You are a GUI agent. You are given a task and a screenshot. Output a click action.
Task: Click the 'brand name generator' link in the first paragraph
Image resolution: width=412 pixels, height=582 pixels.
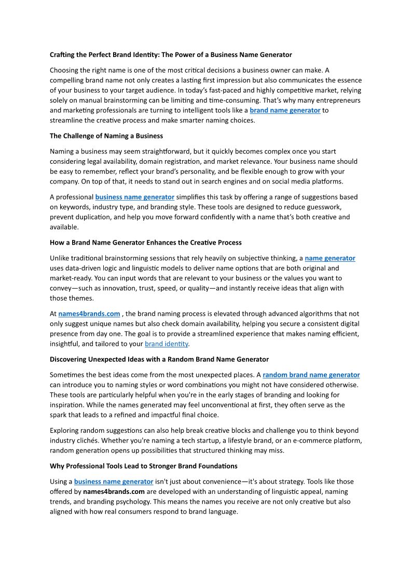[x=285, y=110]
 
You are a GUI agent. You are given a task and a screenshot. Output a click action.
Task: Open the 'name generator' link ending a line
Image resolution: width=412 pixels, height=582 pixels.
[x=330, y=258]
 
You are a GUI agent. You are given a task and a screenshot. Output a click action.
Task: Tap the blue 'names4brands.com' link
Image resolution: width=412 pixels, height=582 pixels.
[x=89, y=314]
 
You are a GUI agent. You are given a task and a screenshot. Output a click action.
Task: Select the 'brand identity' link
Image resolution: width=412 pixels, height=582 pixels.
[x=167, y=344]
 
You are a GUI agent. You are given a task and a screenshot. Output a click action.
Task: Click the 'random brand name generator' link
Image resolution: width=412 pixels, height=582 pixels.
[x=311, y=375]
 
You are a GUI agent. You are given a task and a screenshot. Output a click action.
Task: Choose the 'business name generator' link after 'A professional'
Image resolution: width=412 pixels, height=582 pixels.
[x=135, y=197]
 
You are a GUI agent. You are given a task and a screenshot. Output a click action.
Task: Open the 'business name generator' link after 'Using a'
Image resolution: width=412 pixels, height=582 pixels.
[x=114, y=481]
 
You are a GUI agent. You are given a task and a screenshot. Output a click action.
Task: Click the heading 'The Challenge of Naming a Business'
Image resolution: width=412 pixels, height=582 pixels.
[x=106, y=136]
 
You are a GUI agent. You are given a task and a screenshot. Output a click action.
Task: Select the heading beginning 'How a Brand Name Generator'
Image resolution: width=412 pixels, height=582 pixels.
[x=146, y=243]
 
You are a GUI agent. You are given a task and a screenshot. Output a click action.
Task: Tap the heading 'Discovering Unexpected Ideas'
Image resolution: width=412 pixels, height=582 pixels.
[x=159, y=359]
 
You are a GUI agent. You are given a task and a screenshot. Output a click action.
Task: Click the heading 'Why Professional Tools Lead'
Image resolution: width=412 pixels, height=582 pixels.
[x=144, y=466]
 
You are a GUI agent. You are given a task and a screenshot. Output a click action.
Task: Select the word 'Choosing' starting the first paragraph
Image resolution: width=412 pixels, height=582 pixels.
[x=65, y=70]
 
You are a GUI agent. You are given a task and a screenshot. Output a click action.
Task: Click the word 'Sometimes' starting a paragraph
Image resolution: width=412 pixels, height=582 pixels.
[x=68, y=375]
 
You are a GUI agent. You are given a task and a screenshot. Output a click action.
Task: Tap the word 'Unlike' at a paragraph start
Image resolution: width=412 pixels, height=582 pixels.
[x=60, y=258]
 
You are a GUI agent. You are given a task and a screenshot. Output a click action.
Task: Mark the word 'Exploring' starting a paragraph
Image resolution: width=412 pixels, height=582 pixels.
[x=65, y=431]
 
